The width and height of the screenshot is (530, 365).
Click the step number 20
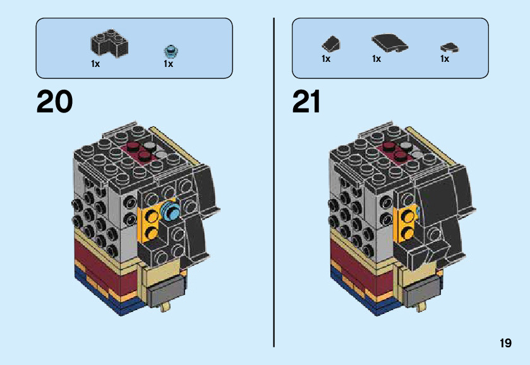point(54,102)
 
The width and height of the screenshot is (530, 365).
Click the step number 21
point(306,102)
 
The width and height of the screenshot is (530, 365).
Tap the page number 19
point(505,343)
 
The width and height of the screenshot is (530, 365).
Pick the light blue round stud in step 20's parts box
point(169,50)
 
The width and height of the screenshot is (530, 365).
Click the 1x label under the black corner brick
point(95,64)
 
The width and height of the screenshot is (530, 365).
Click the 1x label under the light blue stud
point(169,64)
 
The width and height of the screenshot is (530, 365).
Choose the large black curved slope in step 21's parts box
point(388,43)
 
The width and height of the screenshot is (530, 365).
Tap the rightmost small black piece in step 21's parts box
point(449,47)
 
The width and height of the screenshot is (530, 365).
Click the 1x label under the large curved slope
point(376,59)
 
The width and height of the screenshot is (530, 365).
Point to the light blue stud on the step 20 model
point(171,210)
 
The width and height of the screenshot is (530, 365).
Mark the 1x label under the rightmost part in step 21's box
point(445,59)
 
